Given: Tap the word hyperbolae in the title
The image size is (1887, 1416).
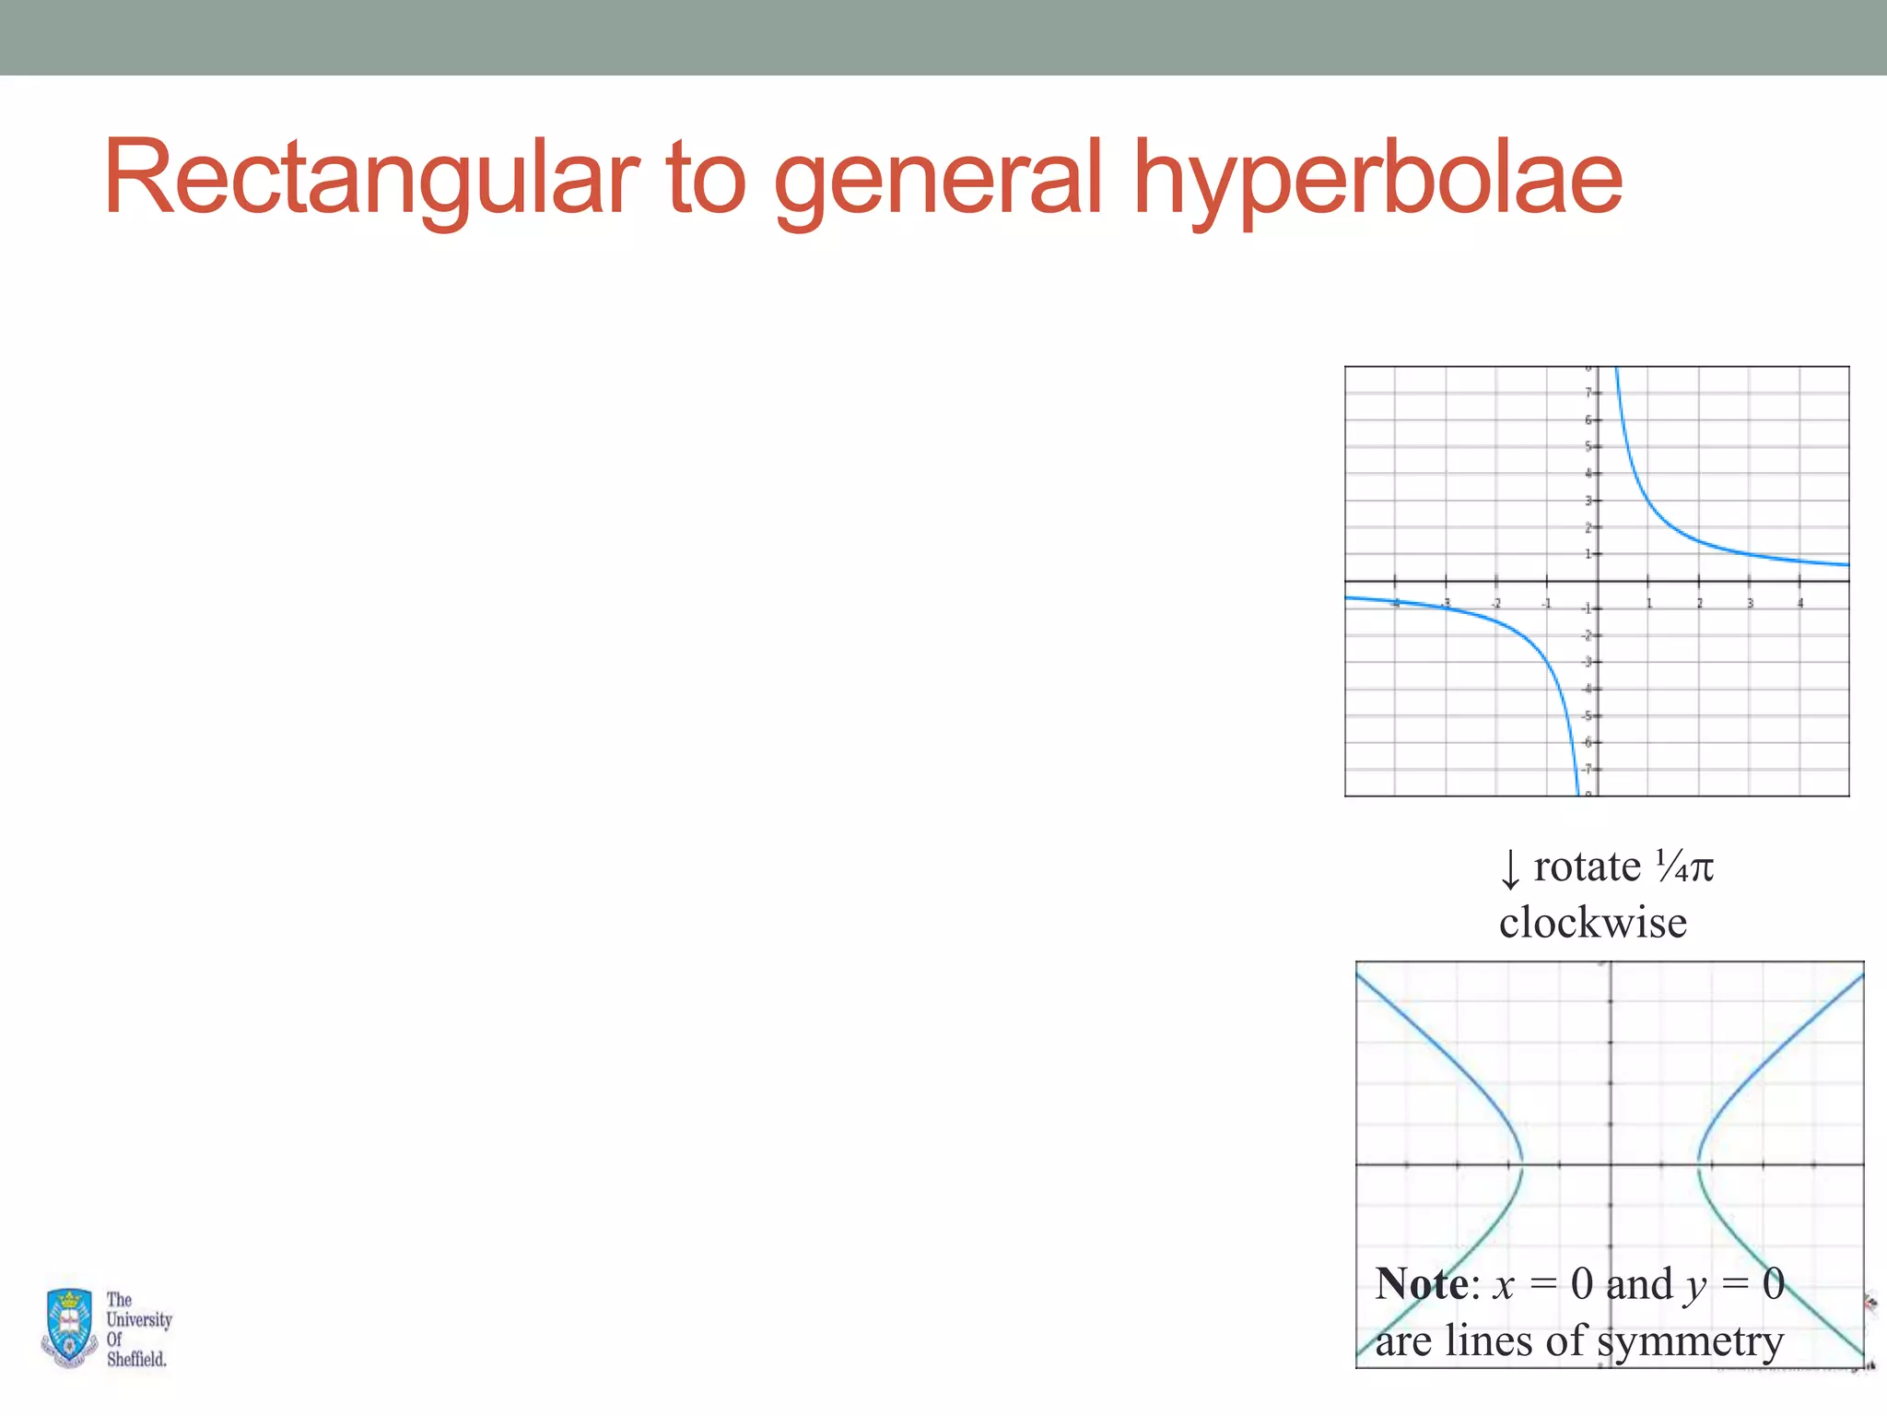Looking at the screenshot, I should [1377, 177].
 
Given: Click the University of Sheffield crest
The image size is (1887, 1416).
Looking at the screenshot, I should [69, 1327].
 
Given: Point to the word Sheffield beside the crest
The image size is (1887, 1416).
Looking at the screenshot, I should [136, 1359].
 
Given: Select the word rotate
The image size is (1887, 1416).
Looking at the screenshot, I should [1587, 867].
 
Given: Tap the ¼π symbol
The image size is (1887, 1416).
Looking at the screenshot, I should [1683, 867].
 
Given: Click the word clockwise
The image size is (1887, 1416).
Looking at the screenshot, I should [1593, 923].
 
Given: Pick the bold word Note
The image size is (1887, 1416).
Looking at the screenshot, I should [1422, 1284].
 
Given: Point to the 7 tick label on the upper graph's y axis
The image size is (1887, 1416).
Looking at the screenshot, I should [1588, 394].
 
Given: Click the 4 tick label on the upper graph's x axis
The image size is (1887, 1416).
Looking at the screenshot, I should [1800, 604].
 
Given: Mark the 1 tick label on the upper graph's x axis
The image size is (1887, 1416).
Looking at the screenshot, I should [1649, 604].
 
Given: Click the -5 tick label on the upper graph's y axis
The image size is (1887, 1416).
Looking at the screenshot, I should [1587, 716].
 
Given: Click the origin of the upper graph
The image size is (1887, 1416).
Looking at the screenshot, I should [1598, 581].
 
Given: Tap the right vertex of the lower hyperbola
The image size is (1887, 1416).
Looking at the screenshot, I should [1699, 1165].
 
